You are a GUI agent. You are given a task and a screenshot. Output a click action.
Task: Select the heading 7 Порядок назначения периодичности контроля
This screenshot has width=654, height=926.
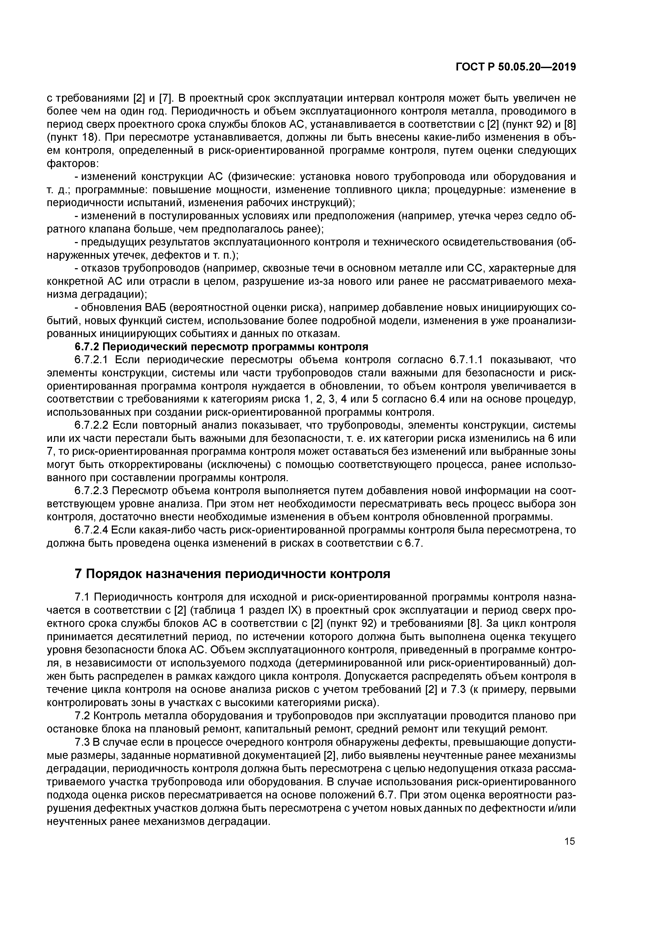tap(233, 574)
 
